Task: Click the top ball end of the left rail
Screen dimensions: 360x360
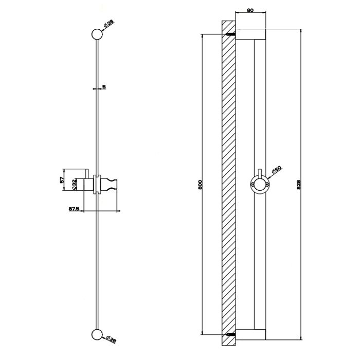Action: click(x=97, y=34)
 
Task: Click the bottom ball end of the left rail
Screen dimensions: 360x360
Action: click(x=97, y=335)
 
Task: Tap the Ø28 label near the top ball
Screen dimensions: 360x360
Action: click(x=109, y=24)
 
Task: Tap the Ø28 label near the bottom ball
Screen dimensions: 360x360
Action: click(x=111, y=339)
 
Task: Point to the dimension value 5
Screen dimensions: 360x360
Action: click(x=104, y=86)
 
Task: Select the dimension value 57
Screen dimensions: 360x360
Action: click(x=62, y=179)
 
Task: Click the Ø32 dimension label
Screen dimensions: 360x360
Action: click(x=74, y=185)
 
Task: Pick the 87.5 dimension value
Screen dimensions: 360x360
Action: click(x=74, y=209)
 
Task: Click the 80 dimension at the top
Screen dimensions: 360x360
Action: click(x=250, y=10)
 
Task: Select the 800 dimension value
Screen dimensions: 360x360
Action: click(x=200, y=184)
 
